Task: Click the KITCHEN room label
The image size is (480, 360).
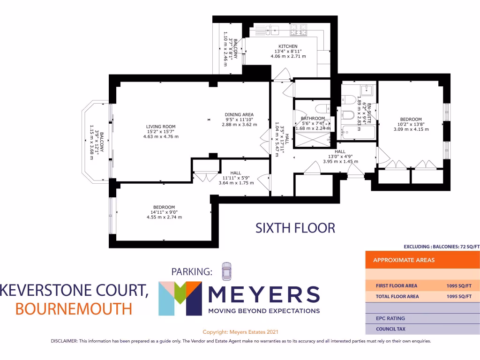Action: point(288,46)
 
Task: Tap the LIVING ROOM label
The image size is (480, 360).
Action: point(160,127)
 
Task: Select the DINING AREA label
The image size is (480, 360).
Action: point(239,115)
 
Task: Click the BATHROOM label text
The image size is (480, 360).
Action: point(313,119)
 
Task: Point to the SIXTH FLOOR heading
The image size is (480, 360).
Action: point(295,228)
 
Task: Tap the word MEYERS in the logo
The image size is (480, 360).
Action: point(263,295)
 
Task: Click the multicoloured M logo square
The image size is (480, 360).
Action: point(180,298)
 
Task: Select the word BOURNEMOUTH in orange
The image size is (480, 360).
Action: point(74,309)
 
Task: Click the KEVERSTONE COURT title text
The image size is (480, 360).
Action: point(74,291)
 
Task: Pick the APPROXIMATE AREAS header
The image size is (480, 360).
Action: point(404,260)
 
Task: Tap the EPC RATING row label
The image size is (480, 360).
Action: point(390,319)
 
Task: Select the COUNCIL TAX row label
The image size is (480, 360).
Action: point(391,330)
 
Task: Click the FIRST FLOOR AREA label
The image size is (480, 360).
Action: point(396,285)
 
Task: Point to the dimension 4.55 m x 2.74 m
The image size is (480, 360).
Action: point(164,217)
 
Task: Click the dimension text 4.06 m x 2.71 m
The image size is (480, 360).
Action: point(288,56)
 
